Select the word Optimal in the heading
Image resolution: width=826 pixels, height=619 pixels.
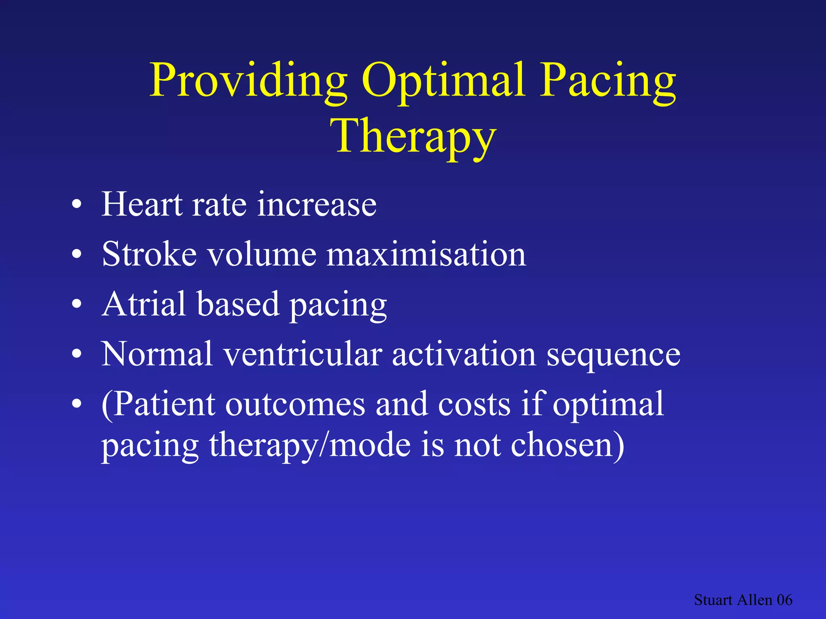click(444, 81)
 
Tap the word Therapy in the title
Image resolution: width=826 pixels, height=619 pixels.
click(413, 137)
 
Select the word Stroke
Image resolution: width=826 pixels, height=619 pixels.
click(149, 254)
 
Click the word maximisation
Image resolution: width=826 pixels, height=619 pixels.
click(426, 254)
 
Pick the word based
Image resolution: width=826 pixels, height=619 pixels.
click(238, 304)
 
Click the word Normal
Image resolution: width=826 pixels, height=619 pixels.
click(156, 354)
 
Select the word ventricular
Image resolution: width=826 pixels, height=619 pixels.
click(302, 354)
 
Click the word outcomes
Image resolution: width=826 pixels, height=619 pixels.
click(294, 405)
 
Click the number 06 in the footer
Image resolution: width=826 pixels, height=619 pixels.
click(784, 600)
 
